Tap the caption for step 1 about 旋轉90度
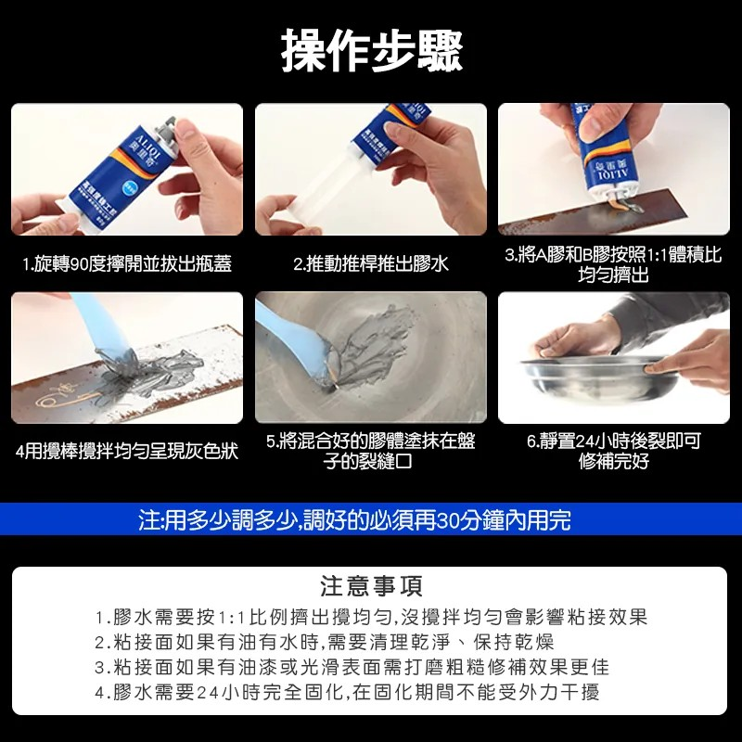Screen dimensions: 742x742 (x=127, y=264)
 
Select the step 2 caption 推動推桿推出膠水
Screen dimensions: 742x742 (x=371, y=264)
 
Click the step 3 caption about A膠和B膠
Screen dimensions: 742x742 (x=613, y=264)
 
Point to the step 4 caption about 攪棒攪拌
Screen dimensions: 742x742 (x=127, y=452)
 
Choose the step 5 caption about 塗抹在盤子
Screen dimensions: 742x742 (x=371, y=451)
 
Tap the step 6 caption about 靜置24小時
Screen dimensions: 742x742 (x=613, y=451)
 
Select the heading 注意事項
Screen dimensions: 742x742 (x=371, y=586)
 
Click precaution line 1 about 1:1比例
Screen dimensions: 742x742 (x=371, y=618)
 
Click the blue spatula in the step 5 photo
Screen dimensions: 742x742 (x=288, y=334)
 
